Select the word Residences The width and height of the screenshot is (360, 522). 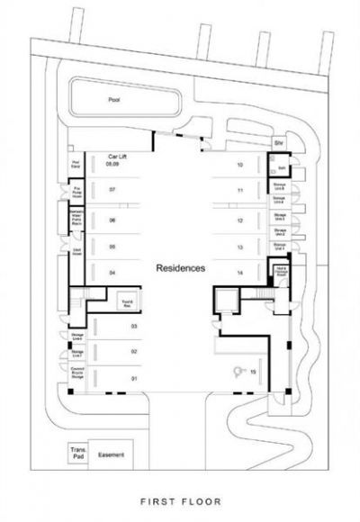pyautogui.click(x=181, y=268)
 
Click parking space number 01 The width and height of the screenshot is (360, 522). pyautogui.click(x=135, y=379)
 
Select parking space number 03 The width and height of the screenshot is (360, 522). pyautogui.click(x=135, y=325)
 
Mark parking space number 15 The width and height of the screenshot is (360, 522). pyautogui.click(x=254, y=372)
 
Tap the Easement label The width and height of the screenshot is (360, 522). pyautogui.click(x=111, y=454)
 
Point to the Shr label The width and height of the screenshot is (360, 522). pyautogui.click(x=279, y=143)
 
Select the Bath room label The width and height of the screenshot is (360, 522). pyautogui.click(x=281, y=167)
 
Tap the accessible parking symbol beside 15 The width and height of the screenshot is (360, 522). pyautogui.click(x=238, y=370)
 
